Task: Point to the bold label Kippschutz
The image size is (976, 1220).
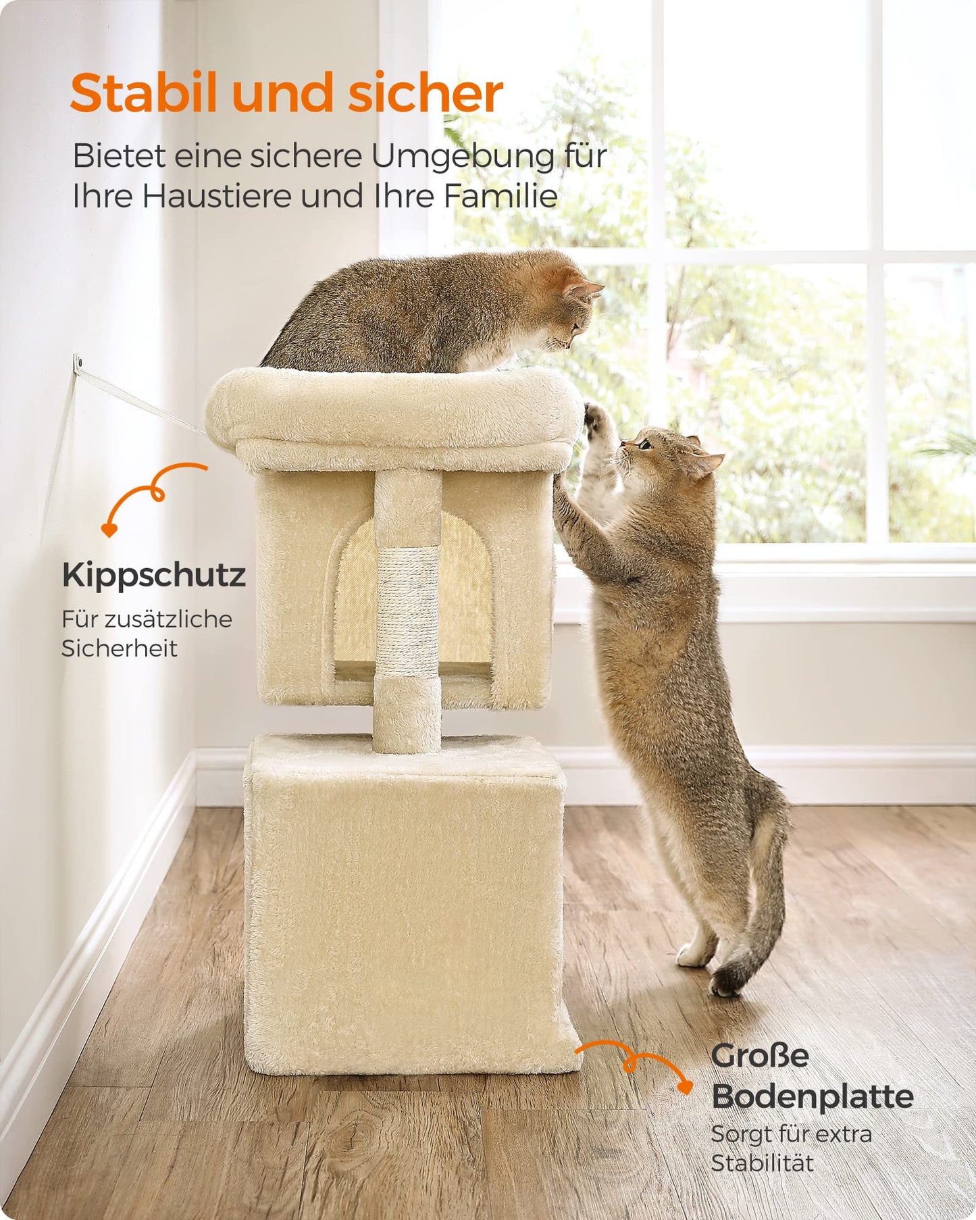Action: [154, 576]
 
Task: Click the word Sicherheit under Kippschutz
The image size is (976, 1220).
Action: [120, 649]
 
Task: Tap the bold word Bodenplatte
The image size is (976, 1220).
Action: [813, 1096]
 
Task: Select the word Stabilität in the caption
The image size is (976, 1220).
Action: [762, 1163]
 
